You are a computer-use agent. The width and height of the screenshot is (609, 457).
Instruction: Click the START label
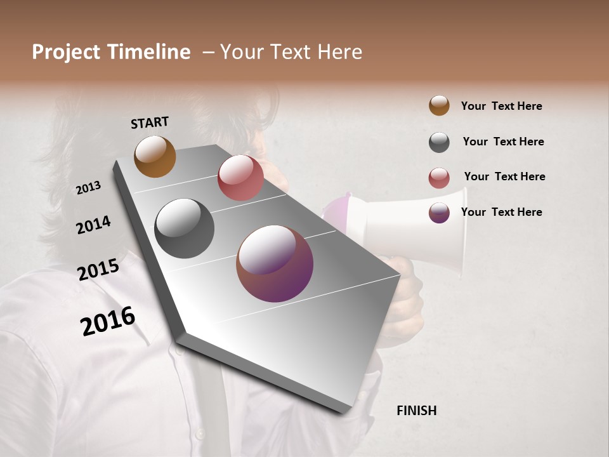(x=150, y=122)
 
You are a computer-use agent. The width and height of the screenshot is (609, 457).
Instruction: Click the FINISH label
(x=416, y=411)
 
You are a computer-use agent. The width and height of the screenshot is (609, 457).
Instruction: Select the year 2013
(x=88, y=188)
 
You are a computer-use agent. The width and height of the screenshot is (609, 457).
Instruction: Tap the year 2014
(x=93, y=225)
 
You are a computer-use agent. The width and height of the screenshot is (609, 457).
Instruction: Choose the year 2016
(x=108, y=321)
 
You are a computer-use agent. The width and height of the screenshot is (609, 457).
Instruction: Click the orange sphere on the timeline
(x=155, y=156)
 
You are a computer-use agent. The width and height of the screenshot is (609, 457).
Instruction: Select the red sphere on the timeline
(x=240, y=178)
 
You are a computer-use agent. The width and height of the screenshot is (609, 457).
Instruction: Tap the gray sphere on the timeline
(x=184, y=228)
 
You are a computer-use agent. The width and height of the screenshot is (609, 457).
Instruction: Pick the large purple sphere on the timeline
(x=275, y=263)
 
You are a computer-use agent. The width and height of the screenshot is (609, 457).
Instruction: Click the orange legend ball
(x=439, y=105)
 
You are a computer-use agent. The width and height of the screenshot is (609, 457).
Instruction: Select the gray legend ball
(x=439, y=142)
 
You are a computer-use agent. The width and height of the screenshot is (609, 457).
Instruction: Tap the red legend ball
(x=439, y=178)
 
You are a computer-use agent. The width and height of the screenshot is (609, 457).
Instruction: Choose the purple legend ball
(x=439, y=213)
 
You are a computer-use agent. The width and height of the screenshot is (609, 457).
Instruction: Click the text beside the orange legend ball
(x=501, y=106)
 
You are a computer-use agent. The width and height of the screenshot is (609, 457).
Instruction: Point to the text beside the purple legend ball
(x=501, y=212)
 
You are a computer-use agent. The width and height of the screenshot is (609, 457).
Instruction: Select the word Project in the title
(x=66, y=52)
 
